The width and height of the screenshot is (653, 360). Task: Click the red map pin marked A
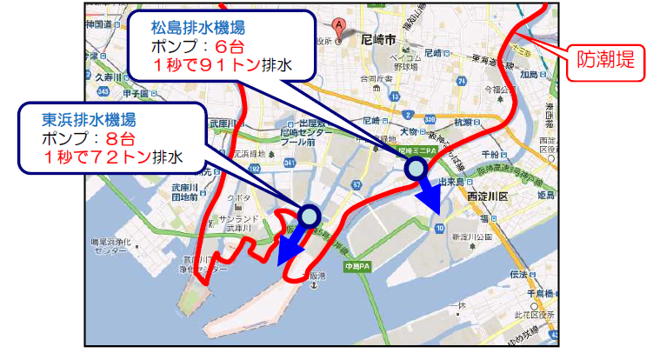pyautogui.click(x=336, y=26)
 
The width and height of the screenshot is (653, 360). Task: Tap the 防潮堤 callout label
pyautogui.click(x=605, y=62)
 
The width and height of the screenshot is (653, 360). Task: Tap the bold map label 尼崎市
pyautogui.click(x=380, y=40)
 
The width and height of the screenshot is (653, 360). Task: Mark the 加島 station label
pyautogui.click(x=527, y=75)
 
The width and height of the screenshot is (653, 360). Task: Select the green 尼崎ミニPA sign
pyautogui.click(x=413, y=150)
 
